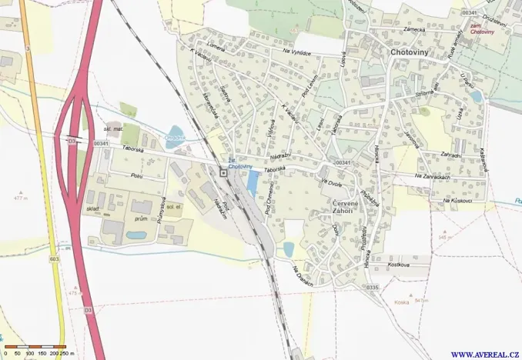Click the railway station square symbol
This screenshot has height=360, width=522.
[x=223, y=174]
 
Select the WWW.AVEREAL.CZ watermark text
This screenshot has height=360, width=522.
[x=484, y=354]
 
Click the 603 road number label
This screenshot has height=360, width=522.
[x=53, y=259]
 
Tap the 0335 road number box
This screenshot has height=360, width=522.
[x=373, y=287]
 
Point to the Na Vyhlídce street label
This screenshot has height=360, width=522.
[x=296, y=52]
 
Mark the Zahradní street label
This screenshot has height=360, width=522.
[x=450, y=155]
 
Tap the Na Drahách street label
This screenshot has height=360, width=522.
[x=303, y=277]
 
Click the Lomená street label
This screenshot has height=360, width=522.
[x=214, y=45]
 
